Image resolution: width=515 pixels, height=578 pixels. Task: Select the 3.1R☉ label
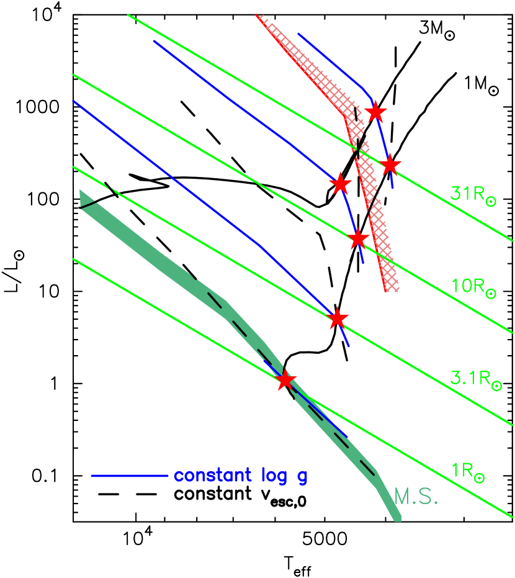(x=475, y=378)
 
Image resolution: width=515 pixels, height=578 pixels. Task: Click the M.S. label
(x=416, y=497)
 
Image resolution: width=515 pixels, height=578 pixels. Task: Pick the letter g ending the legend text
(x=302, y=478)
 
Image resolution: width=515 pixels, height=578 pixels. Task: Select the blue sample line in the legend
(x=130, y=476)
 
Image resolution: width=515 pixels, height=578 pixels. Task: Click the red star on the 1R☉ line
(x=285, y=379)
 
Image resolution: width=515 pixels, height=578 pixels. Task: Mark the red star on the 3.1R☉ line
(x=337, y=318)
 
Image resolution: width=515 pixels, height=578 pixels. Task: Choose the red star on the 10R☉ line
(x=358, y=239)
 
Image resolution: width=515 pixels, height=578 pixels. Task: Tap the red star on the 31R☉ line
(x=390, y=165)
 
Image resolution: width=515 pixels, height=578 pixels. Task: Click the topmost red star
(x=375, y=113)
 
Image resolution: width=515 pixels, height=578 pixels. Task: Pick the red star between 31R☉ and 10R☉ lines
(x=340, y=184)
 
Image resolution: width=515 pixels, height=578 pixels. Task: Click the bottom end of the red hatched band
(x=392, y=289)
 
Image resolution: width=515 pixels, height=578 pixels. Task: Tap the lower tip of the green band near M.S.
(x=396, y=518)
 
